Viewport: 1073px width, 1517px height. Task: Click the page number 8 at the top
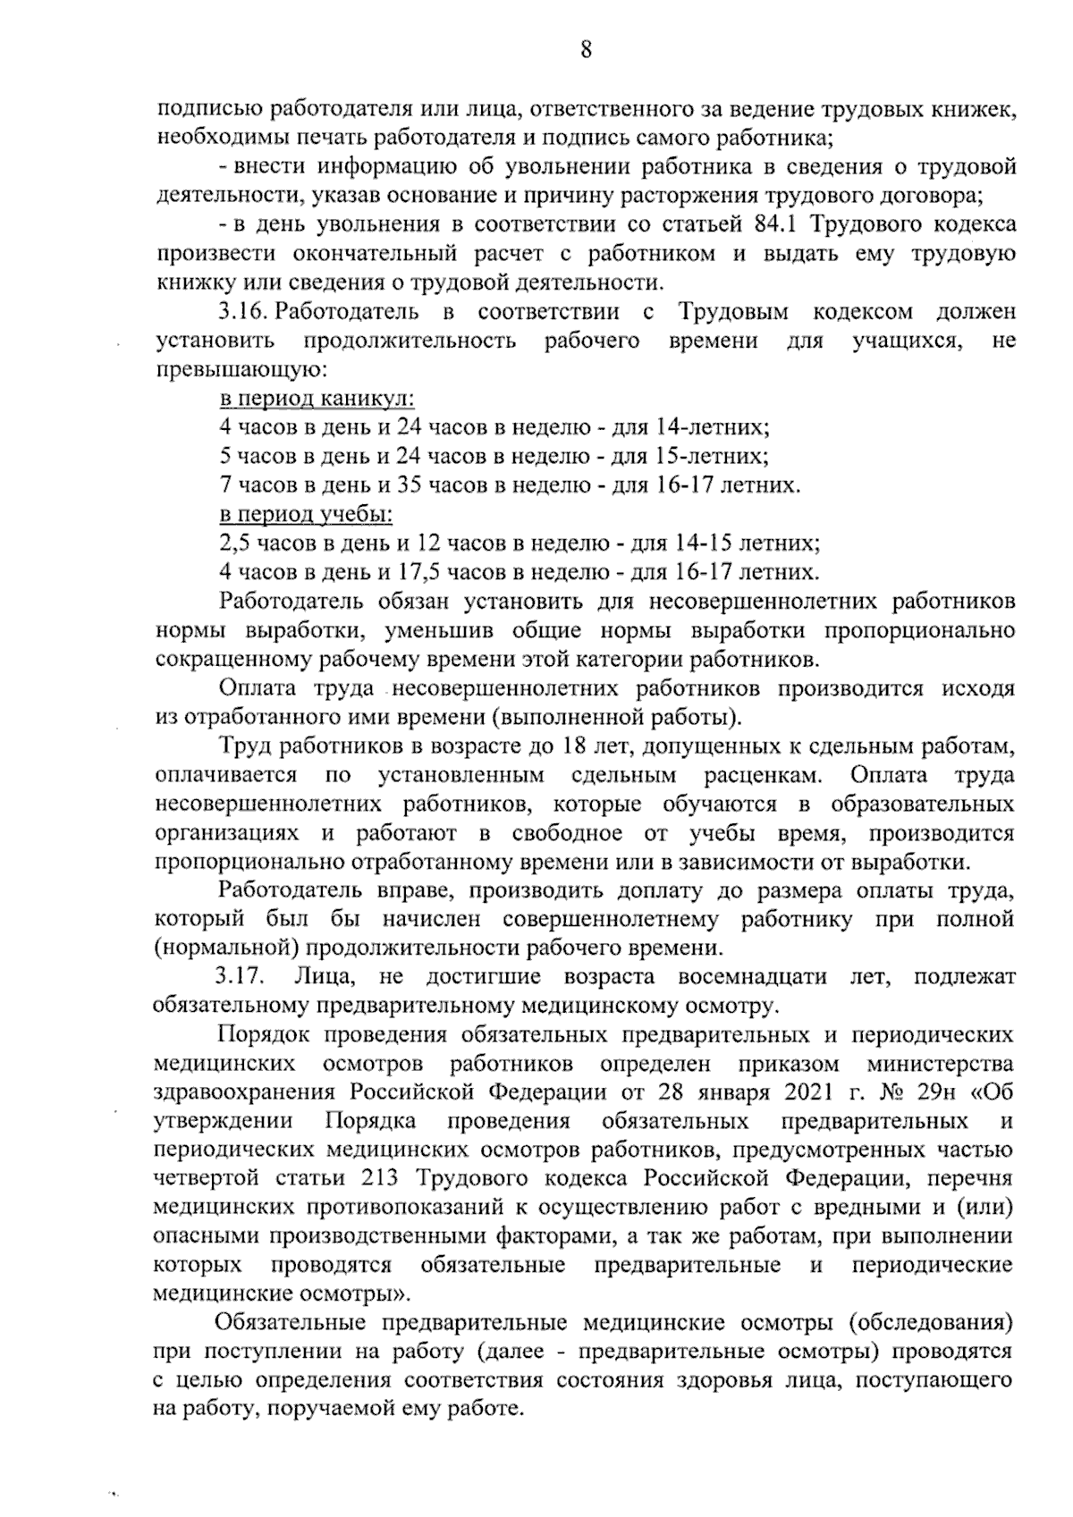coord(586,51)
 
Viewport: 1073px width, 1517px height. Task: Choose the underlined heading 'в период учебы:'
coord(306,514)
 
